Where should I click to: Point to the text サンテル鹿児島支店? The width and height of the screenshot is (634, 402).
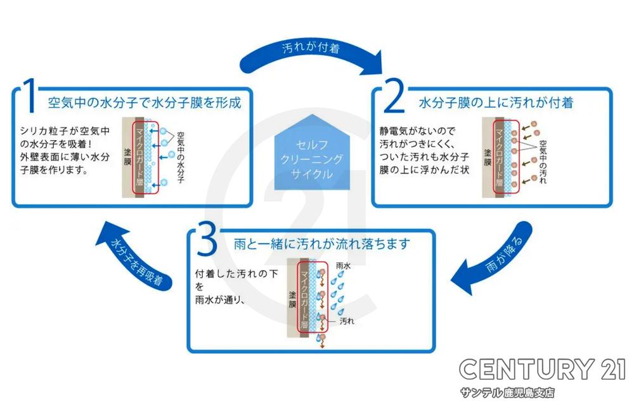[x=508, y=392]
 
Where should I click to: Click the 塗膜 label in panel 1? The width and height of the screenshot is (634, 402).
[x=127, y=154]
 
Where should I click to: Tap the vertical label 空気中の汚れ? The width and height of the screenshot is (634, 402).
[x=543, y=157]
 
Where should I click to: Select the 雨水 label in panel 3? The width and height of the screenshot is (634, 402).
[x=343, y=268]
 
